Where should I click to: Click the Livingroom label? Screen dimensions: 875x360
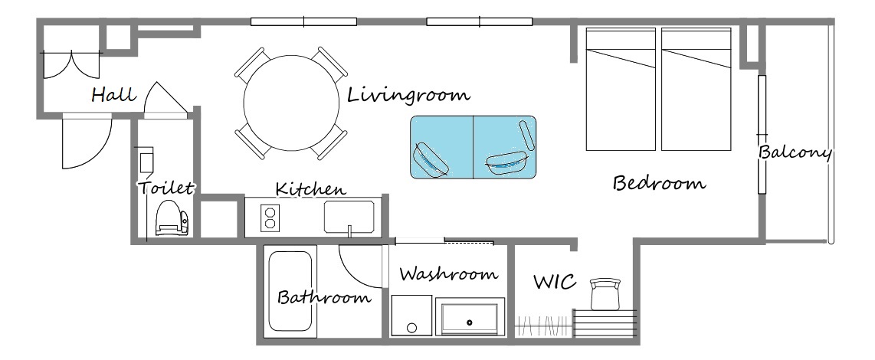(408, 95)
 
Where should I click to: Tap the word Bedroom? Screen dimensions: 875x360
(659, 183)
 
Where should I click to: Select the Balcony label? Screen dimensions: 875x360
(795, 152)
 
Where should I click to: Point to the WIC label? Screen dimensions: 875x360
(555, 282)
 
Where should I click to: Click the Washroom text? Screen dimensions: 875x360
(448, 274)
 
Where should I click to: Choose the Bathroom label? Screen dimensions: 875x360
(324, 297)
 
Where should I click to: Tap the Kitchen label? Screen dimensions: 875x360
(311, 188)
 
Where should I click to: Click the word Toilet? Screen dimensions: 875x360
(165, 188)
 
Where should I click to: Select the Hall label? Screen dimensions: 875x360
(114, 94)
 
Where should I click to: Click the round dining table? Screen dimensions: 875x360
(291, 103)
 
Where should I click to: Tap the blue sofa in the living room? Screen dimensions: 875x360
(474, 147)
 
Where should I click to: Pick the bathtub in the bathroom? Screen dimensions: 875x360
(290, 291)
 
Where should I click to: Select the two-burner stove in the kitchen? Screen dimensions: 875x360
(270, 218)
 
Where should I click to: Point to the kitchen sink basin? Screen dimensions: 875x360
(349, 217)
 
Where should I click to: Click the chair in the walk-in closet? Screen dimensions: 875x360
(605, 293)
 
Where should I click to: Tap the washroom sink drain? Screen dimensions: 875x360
(470, 322)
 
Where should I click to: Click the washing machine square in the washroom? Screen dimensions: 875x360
(411, 316)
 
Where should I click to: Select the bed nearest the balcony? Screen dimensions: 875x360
(696, 90)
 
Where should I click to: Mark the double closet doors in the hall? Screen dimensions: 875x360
(71, 65)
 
